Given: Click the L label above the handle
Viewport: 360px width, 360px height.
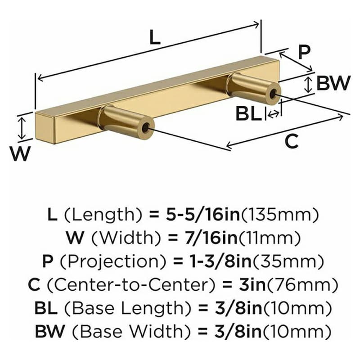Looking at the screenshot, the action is coord(154,37).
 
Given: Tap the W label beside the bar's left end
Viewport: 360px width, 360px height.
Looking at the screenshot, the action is coord(20,153).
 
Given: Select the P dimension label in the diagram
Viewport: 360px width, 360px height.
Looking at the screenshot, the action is coord(304,53).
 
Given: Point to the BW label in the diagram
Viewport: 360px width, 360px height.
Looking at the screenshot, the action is coord(333,83).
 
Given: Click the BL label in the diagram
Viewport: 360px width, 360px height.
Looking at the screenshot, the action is coord(249,114).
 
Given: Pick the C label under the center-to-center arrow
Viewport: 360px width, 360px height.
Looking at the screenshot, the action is coord(292,141).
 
